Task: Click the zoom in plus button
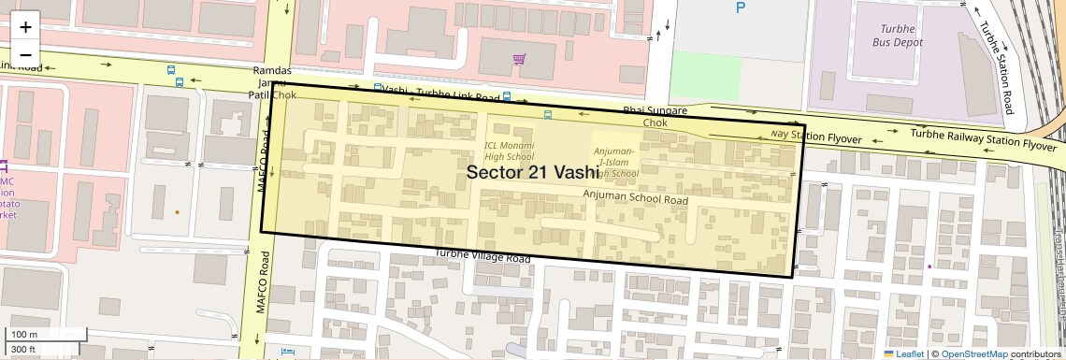[25, 26]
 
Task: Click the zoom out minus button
[25, 53]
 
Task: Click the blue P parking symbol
[742, 8]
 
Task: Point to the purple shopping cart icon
[519, 60]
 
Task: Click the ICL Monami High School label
[509, 151]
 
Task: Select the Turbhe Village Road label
[483, 257]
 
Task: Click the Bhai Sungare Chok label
[655, 116]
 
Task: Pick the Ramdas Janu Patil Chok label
[272, 83]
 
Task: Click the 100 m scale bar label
[24, 334]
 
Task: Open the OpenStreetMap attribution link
[973, 353]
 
